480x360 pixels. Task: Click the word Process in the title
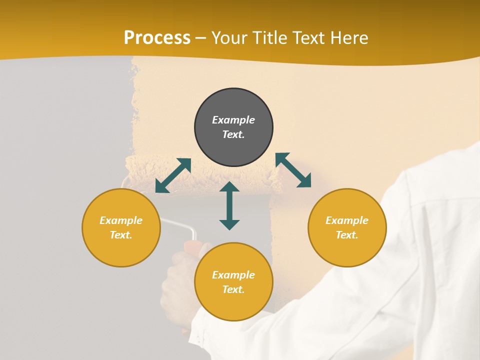157,38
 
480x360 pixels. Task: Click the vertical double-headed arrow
229,205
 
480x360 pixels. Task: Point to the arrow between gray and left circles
173,175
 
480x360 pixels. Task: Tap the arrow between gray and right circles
293,170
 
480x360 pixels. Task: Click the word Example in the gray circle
233,120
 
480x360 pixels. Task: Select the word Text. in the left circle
121,235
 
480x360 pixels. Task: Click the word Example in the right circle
347,220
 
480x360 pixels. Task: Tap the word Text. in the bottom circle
233,289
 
